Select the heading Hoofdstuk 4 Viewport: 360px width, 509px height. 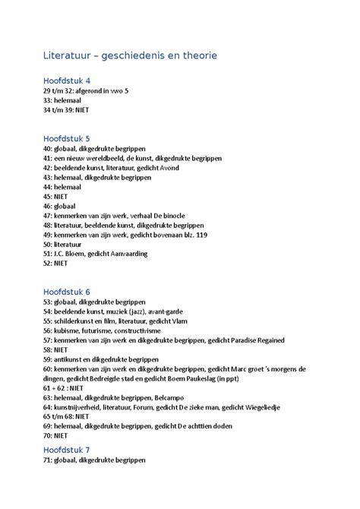[67, 80]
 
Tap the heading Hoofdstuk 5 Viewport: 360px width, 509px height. [67, 138]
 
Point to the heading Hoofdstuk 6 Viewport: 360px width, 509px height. [67, 291]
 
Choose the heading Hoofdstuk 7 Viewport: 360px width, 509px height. [67, 450]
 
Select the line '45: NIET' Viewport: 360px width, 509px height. [55, 196]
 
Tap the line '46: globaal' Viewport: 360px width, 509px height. [60, 206]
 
